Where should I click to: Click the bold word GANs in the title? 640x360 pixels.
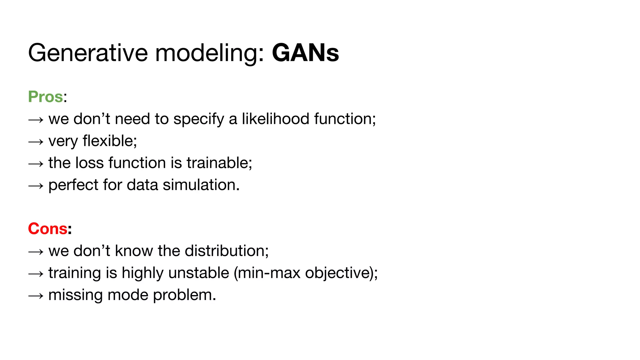pos(305,53)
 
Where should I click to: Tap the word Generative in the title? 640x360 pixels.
pos(88,53)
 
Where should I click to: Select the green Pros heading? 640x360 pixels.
pos(46,97)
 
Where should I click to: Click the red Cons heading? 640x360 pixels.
pos(47,228)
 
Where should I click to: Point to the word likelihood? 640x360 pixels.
pos(275,119)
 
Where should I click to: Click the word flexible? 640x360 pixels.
pos(110,141)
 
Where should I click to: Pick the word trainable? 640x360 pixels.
pos(219,163)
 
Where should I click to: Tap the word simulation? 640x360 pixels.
pos(201,185)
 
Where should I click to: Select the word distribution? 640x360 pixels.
pos(227,251)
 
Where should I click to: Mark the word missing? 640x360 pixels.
pos(76,295)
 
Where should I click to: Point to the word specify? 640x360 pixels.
pos(199,119)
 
